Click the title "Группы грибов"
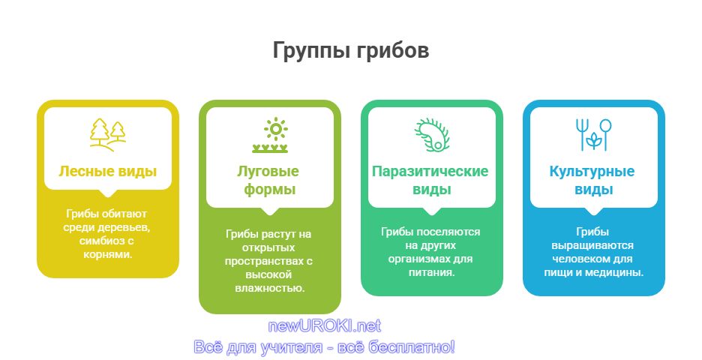click(x=350, y=50)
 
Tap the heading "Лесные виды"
click(x=108, y=171)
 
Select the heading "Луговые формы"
click(x=268, y=180)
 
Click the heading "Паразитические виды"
click(x=430, y=180)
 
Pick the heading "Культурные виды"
click(x=592, y=180)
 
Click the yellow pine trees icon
click(x=108, y=134)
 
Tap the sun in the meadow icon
click(x=276, y=129)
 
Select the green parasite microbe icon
click(x=431, y=134)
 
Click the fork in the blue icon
click(x=581, y=134)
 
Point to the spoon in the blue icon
click(x=605, y=134)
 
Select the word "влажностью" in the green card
click(x=269, y=288)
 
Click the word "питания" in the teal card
click(x=430, y=272)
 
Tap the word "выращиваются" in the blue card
click(x=592, y=246)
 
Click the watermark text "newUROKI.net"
click(x=325, y=326)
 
